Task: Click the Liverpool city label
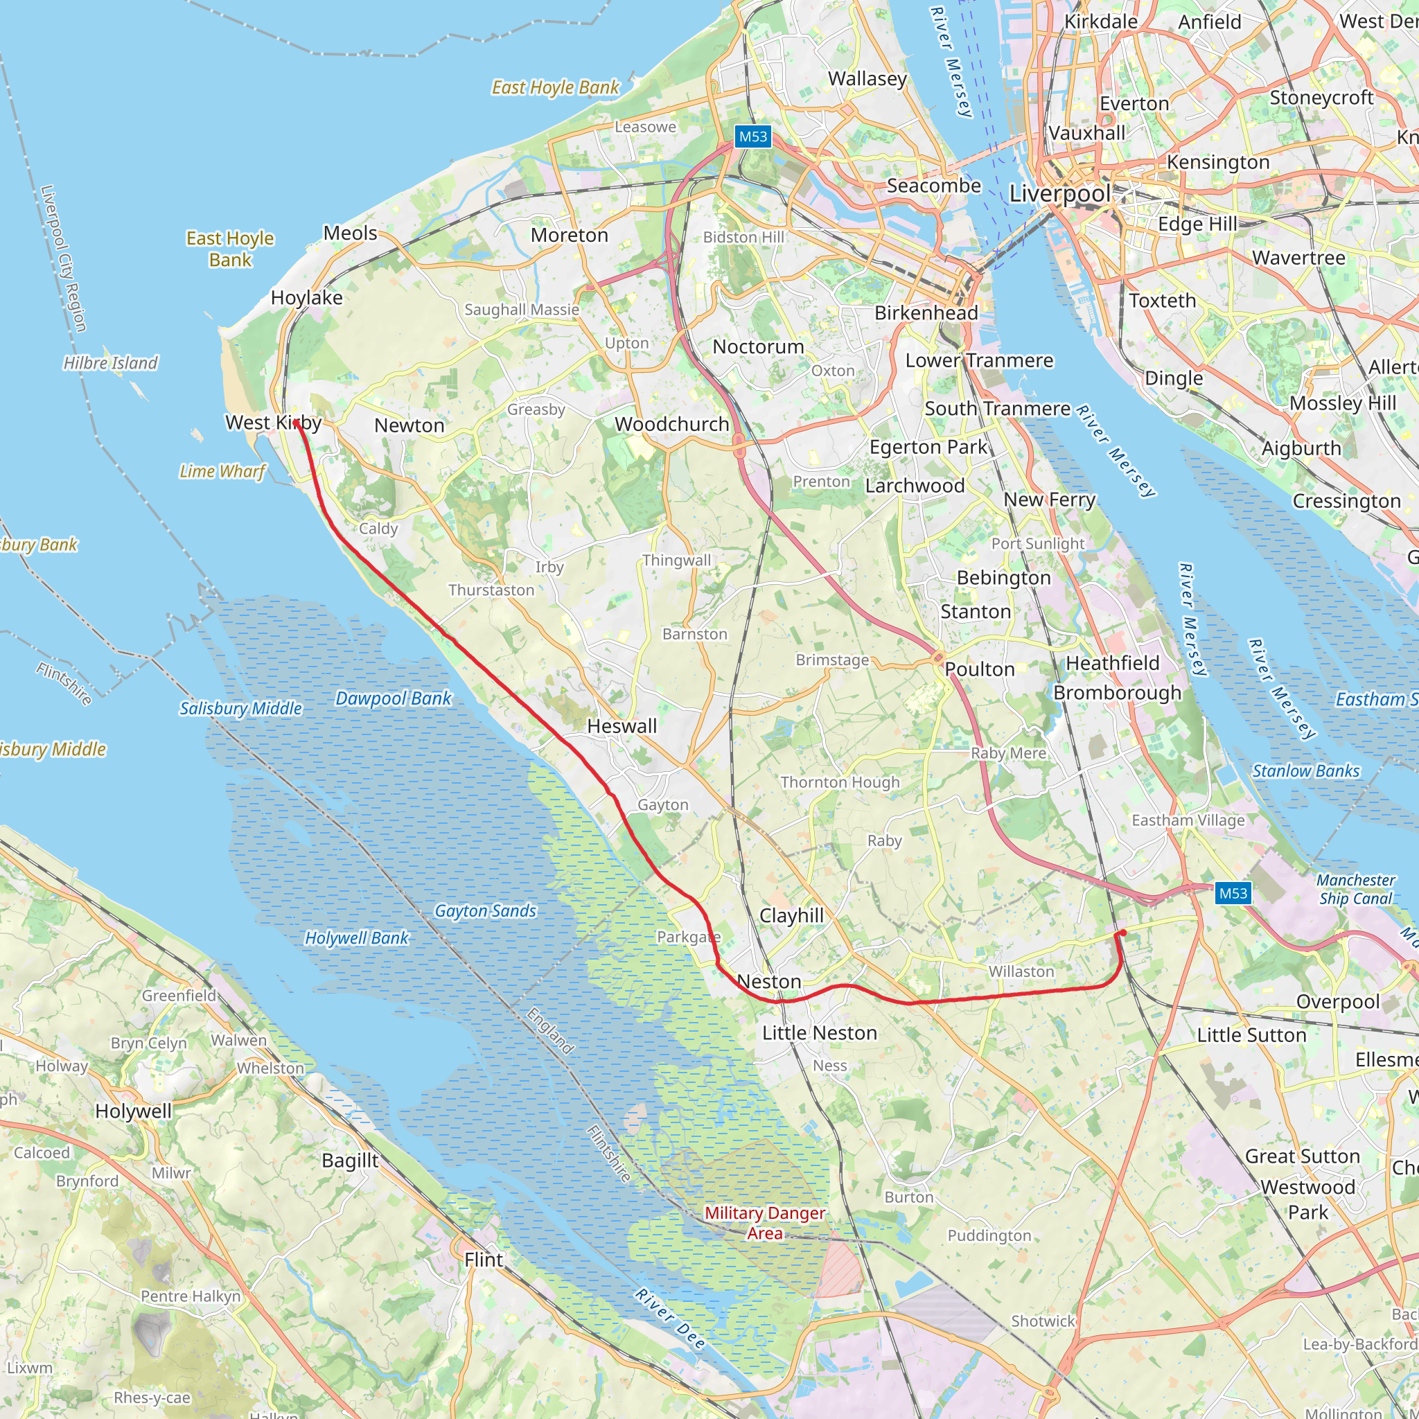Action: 1059,194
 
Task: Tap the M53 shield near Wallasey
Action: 753,136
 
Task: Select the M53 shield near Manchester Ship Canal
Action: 1233,893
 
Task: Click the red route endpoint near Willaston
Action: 1122,933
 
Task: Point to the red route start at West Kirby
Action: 296,423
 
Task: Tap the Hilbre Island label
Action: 110,363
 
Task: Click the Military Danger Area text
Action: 765,1223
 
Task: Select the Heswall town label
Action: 622,726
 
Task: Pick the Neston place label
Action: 769,982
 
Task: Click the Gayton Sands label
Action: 485,910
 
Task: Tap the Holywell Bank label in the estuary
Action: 356,938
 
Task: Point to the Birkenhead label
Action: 926,314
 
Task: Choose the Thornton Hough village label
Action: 840,782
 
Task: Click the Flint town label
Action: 484,1260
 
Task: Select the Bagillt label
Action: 350,1161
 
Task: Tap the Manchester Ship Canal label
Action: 1355,890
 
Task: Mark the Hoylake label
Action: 306,297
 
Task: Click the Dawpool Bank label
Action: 393,698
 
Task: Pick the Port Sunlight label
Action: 1037,543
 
